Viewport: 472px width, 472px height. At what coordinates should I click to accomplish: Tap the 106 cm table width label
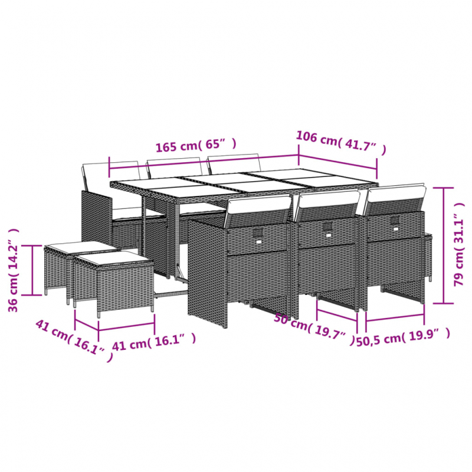pos(340,143)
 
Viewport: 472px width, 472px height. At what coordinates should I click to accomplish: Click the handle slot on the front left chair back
pos(258,235)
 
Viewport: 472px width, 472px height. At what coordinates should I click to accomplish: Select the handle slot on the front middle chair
pos(327,227)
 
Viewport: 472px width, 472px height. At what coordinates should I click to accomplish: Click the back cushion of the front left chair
pos(257,211)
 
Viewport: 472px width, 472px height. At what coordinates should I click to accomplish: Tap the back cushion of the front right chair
pos(395,199)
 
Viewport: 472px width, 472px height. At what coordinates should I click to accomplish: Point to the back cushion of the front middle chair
pos(327,204)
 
